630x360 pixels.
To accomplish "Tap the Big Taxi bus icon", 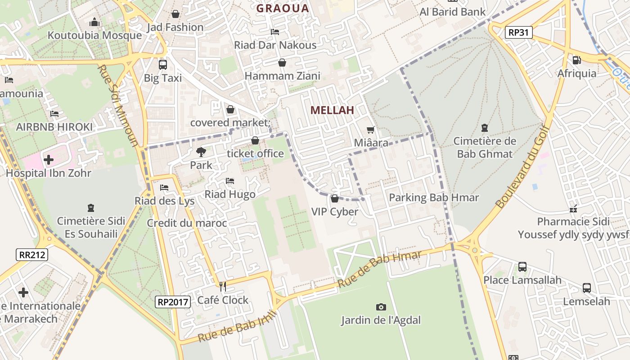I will click(x=162, y=64).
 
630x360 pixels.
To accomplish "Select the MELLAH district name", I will click(x=333, y=110).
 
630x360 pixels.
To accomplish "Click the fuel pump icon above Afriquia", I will click(x=576, y=60).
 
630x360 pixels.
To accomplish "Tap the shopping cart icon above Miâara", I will click(x=371, y=130).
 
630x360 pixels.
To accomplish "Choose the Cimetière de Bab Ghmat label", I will click(x=485, y=148).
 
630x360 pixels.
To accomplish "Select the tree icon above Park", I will click(x=201, y=152).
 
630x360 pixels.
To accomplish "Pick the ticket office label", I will click(x=255, y=153).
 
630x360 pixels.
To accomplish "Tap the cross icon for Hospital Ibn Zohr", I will click(x=48, y=159).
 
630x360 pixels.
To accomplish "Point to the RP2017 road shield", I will click(x=173, y=302).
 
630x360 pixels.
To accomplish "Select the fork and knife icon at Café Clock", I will click(x=222, y=286).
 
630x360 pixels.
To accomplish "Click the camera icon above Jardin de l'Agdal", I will click(x=381, y=307).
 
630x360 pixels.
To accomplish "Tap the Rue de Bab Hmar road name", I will click(x=380, y=269).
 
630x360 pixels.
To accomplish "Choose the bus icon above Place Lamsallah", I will click(x=522, y=267).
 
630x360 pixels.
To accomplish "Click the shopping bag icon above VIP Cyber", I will click(x=334, y=198).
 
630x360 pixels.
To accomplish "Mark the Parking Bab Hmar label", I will click(x=434, y=198).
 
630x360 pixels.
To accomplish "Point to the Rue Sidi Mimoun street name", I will click(x=118, y=106).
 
